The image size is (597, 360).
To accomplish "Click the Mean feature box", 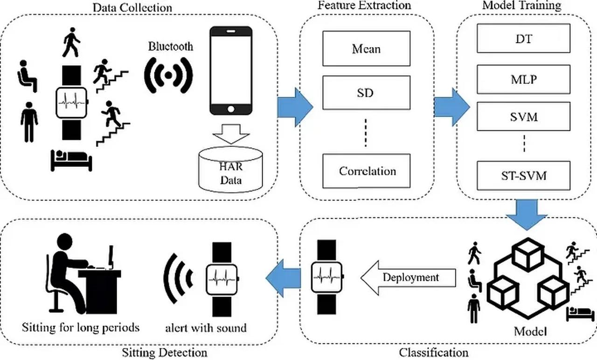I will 366,48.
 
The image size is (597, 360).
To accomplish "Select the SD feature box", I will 366,93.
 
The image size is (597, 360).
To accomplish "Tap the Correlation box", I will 366,171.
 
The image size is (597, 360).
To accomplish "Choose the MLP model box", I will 524,79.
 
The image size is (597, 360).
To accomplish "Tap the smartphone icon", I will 230,70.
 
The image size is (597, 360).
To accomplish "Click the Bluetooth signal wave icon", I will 168,75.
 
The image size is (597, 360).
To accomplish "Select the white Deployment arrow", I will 408,277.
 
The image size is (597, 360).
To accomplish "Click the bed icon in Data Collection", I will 71,160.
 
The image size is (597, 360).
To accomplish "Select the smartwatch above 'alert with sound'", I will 222,279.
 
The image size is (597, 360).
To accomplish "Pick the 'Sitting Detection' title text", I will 164,352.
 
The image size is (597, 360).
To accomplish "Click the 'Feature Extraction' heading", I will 364,6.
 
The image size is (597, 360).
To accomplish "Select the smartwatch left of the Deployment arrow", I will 326,276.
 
